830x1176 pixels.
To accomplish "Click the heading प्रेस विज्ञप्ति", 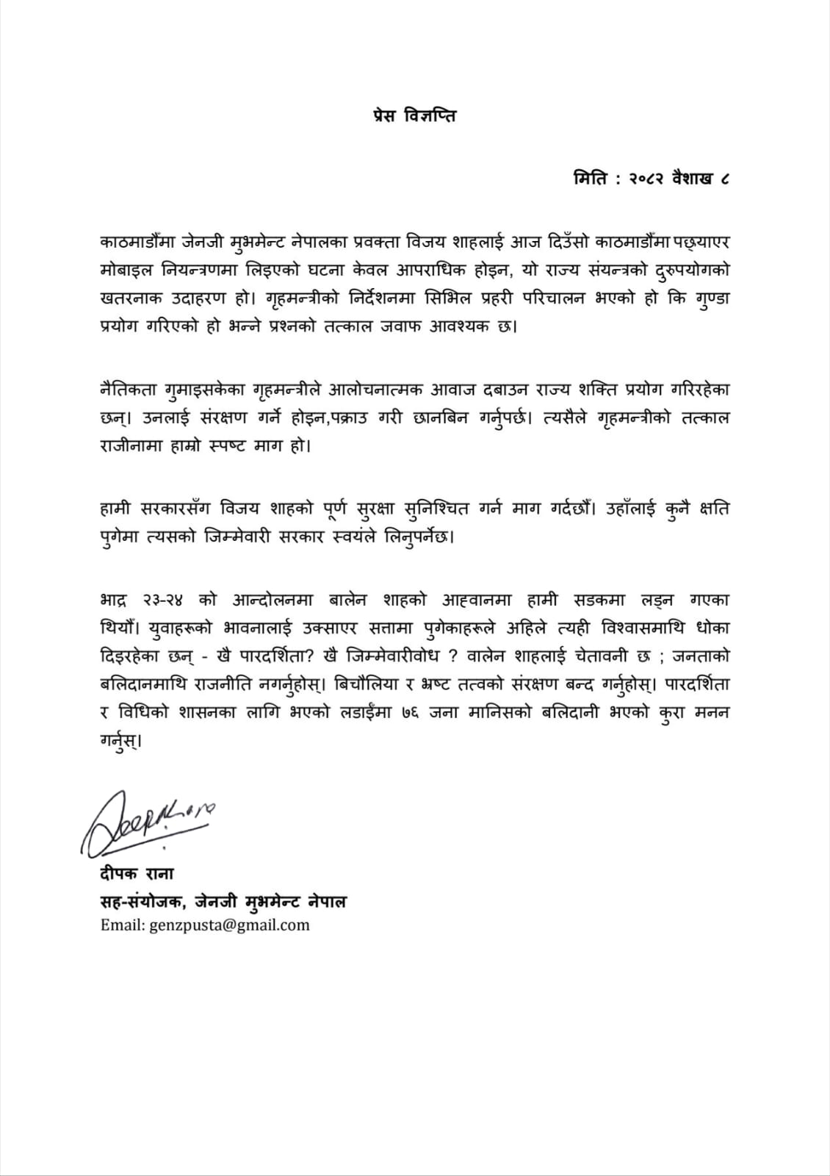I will [414, 115].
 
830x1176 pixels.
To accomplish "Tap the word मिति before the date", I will [591, 179].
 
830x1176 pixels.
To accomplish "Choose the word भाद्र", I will [114, 600].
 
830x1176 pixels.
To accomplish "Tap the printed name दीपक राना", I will [137, 874].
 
